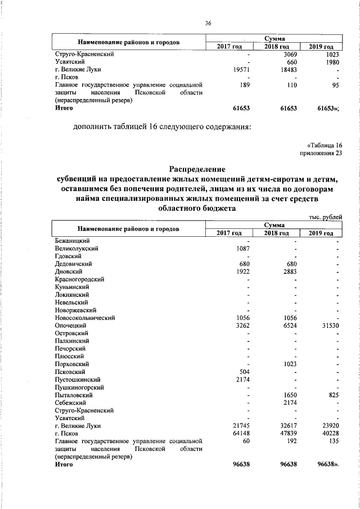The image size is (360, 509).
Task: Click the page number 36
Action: tap(208, 23)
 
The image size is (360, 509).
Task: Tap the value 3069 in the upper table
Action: tap(287, 54)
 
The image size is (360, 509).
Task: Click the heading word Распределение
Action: tap(197, 169)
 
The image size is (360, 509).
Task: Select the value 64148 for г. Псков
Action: tap(240, 434)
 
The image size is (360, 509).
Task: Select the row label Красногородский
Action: tap(80, 279)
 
